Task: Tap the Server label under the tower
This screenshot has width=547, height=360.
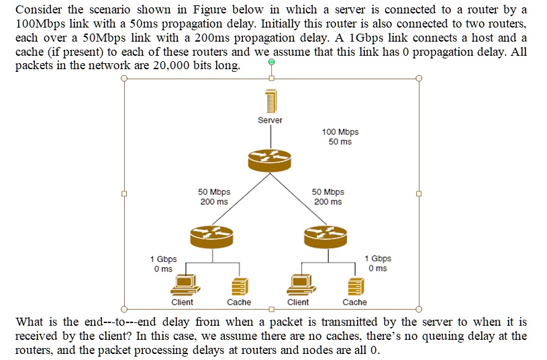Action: (x=270, y=120)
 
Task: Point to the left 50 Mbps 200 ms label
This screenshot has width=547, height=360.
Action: (x=214, y=197)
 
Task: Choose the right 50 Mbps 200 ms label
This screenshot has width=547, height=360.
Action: (x=328, y=197)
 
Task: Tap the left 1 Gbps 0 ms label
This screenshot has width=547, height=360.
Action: (x=163, y=264)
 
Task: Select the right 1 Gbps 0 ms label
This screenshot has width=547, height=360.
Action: (x=378, y=264)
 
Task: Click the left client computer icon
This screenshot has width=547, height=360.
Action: (x=183, y=285)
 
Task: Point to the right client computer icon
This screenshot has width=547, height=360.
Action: (x=297, y=285)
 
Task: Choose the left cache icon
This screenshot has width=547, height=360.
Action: (x=236, y=287)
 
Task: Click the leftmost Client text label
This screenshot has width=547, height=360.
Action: (x=183, y=302)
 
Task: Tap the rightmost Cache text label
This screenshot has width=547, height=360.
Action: (x=355, y=302)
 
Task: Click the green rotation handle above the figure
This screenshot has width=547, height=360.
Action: (x=271, y=62)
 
